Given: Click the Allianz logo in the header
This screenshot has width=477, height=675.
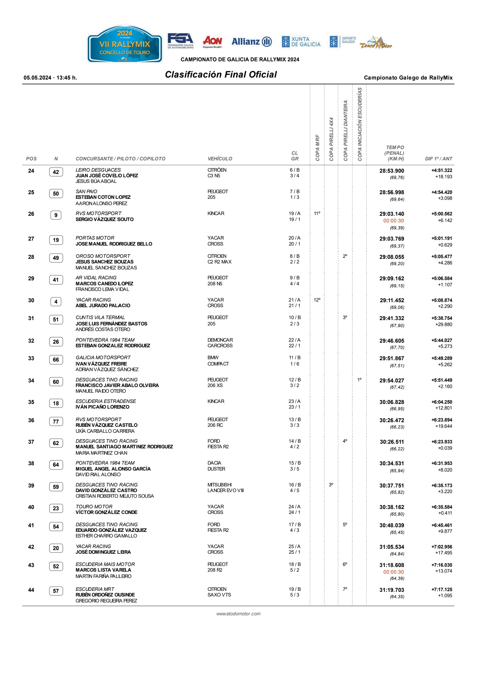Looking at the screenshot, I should point(251,42).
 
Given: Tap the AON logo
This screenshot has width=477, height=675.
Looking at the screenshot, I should point(212,42).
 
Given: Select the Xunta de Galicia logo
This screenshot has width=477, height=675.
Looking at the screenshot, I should point(301,42).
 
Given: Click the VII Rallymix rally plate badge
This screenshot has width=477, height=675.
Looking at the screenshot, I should point(125,44).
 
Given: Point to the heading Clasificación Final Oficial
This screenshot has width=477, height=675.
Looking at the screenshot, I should point(221,75).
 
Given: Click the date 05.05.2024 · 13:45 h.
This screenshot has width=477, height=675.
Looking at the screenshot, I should point(50,78).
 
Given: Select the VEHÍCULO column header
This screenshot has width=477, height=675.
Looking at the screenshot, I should point(220,159).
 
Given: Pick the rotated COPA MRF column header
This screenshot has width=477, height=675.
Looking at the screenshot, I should point(317,148).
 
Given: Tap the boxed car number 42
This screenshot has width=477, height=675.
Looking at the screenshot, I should point(56,172).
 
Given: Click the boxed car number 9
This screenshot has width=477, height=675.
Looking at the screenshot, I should point(56,215).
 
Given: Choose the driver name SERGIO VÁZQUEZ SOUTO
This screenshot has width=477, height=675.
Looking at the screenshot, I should point(105,219).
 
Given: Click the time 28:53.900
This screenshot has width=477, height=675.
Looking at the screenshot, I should point(392,171).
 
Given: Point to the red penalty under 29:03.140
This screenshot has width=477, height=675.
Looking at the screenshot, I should point(394,221).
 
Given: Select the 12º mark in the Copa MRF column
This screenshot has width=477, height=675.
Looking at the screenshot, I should point(317,300).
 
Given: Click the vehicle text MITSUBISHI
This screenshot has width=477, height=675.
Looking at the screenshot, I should point(220,485).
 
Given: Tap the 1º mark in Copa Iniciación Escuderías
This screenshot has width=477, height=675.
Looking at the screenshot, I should point(359,380).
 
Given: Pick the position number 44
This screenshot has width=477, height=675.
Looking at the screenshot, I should point(31,590).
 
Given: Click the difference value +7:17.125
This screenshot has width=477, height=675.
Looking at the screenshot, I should point(442,590).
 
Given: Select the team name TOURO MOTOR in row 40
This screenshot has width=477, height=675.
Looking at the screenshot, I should point(94,507).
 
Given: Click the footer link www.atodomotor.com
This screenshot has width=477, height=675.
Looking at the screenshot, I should point(238,614).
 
